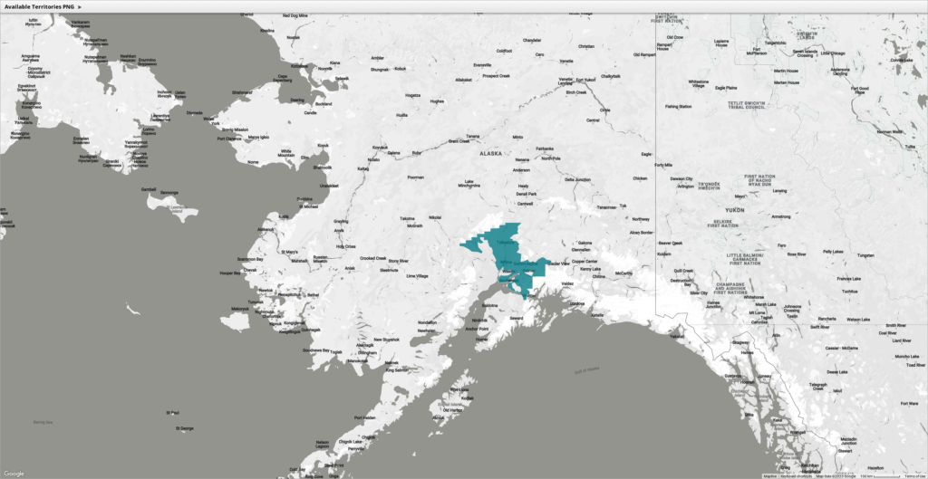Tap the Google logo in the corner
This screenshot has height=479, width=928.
14,473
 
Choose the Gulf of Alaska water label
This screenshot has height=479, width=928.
586,369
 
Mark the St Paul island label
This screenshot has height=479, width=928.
172,414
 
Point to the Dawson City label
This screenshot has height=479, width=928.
681,178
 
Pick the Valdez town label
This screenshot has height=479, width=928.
568,283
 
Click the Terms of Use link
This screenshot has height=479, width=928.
914,475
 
